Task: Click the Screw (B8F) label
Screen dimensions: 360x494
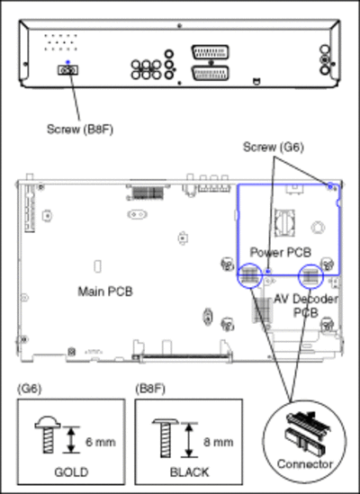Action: [x=80, y=130]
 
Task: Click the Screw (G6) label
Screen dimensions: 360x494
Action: [x=274, y=148]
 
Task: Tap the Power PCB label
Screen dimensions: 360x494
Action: [x=281, y=252]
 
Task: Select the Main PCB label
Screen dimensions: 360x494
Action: [x=105, y=292]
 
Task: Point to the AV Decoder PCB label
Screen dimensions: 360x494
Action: [x=306, y=306]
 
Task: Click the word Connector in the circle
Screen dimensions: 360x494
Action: [x=305, y=464]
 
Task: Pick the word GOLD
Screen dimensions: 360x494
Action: [x=71, y=472]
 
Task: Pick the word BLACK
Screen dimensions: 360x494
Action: [x=189, y=472]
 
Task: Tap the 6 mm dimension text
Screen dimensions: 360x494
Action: [x=100, y=442]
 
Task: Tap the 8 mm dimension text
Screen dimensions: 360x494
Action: [x=218, y=442]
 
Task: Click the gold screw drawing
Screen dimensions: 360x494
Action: [x=48, y=436]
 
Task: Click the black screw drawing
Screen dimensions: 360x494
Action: [x=166, y=438]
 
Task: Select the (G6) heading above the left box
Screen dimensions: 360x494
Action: [x=30, y=389]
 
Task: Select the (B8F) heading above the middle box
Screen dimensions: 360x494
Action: [x=150, y=389]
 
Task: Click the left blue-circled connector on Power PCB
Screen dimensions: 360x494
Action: [x=250, y=275]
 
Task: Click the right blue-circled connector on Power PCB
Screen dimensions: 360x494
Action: [x=310, y=276]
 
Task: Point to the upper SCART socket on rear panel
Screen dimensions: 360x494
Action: [x=210, y=52]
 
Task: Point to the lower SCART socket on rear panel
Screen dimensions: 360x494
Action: [x=211, y=73]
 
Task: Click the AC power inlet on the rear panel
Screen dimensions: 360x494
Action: [x=67, y=70]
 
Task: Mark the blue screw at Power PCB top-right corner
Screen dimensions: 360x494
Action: [x=330, y=187]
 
